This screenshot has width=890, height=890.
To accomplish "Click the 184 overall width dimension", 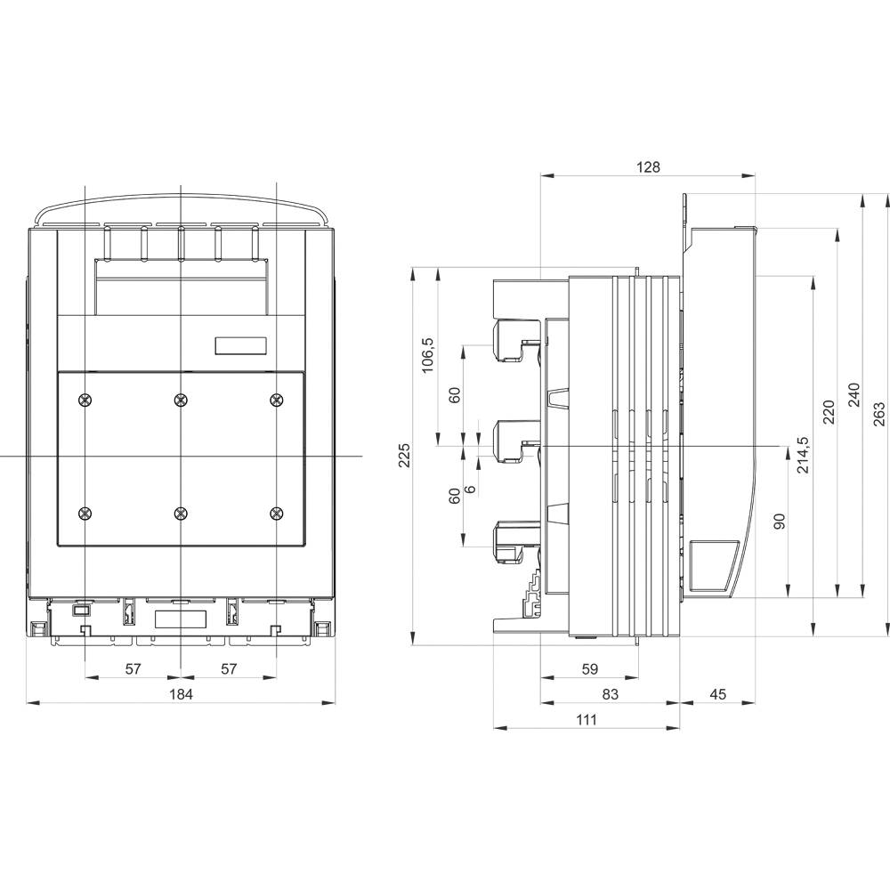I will [181, 693].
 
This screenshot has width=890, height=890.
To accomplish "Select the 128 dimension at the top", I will [648, 167].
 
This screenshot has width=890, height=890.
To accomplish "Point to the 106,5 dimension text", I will [428, 354].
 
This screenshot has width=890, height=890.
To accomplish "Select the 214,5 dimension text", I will [804, 456].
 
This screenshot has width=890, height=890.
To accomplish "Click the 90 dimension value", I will [780, 522].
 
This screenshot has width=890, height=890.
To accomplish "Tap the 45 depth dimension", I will [717, 693].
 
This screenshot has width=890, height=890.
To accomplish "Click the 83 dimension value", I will [610, 693].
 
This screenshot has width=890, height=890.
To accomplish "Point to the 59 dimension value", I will [588, 668].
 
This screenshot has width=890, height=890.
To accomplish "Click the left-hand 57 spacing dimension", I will [133, 668].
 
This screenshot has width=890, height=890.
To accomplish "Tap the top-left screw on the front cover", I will [85, 400].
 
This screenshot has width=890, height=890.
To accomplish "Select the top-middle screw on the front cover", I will [181, 400].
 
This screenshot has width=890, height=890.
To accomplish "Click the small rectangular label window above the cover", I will [241, 346].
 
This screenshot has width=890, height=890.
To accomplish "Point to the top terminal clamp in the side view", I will [514, 341].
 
